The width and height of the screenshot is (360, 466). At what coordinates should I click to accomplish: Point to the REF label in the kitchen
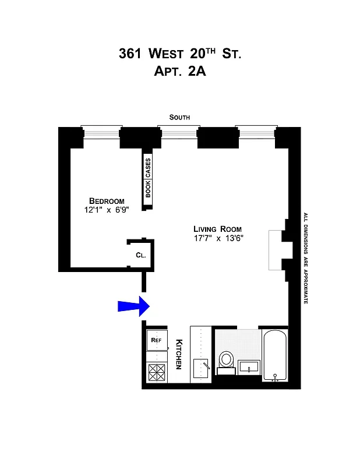coord(156,340)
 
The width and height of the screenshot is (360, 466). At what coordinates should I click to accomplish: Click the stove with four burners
coord(156,372)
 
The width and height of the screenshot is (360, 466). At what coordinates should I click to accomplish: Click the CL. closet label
coord(140,255)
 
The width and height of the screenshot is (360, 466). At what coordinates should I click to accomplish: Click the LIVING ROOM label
coord(217,229)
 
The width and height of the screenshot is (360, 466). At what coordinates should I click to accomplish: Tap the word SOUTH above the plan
coord(179,118)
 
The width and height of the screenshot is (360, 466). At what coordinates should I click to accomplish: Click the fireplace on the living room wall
coord(276,250)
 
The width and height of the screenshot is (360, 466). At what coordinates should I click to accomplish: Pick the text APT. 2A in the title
coord(179,73)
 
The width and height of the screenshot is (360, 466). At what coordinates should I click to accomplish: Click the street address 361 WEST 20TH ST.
coord(179,54)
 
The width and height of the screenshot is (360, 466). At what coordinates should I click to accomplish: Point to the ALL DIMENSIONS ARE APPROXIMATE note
coord(305,258)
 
